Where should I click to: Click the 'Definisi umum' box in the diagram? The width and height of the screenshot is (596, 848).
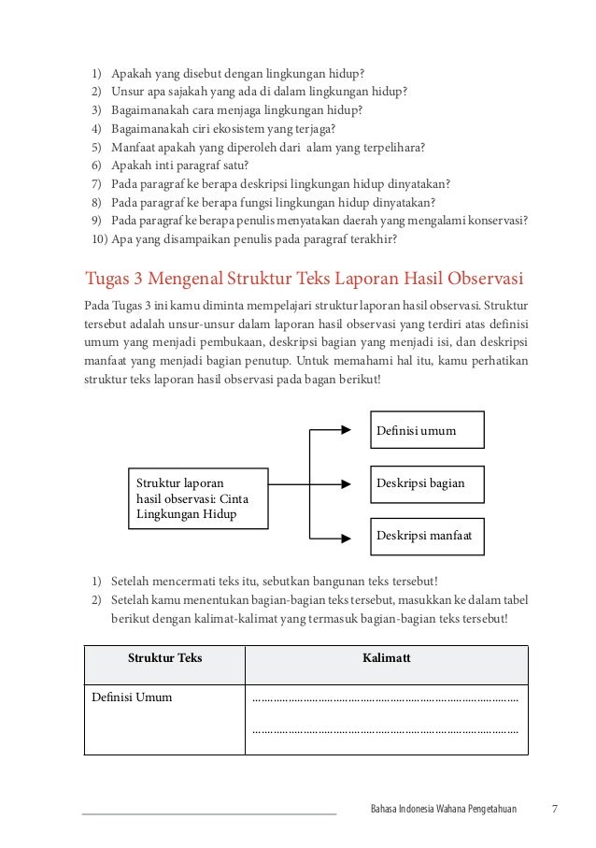(x=428, y=431)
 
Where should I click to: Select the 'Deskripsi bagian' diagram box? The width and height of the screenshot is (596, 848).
(x=428, y=484)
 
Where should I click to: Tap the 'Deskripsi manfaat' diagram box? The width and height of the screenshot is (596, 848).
(x=428, y=537)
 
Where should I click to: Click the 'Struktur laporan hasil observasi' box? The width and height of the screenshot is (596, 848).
(x=197, y=499)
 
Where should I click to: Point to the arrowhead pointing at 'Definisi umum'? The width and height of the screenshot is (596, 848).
(x=353, y=431)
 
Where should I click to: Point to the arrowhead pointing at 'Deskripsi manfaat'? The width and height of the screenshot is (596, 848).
(x=353, y=538)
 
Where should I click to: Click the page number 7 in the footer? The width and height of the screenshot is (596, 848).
(x=555, y=808)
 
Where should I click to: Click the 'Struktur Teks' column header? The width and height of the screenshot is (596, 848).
(x=164, y=658)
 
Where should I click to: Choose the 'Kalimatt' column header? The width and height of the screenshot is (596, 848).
(x=386, y=658)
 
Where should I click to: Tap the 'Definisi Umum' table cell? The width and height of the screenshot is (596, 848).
(x=132, y=697)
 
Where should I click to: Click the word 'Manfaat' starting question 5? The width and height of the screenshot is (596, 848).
(x=135, y=147)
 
